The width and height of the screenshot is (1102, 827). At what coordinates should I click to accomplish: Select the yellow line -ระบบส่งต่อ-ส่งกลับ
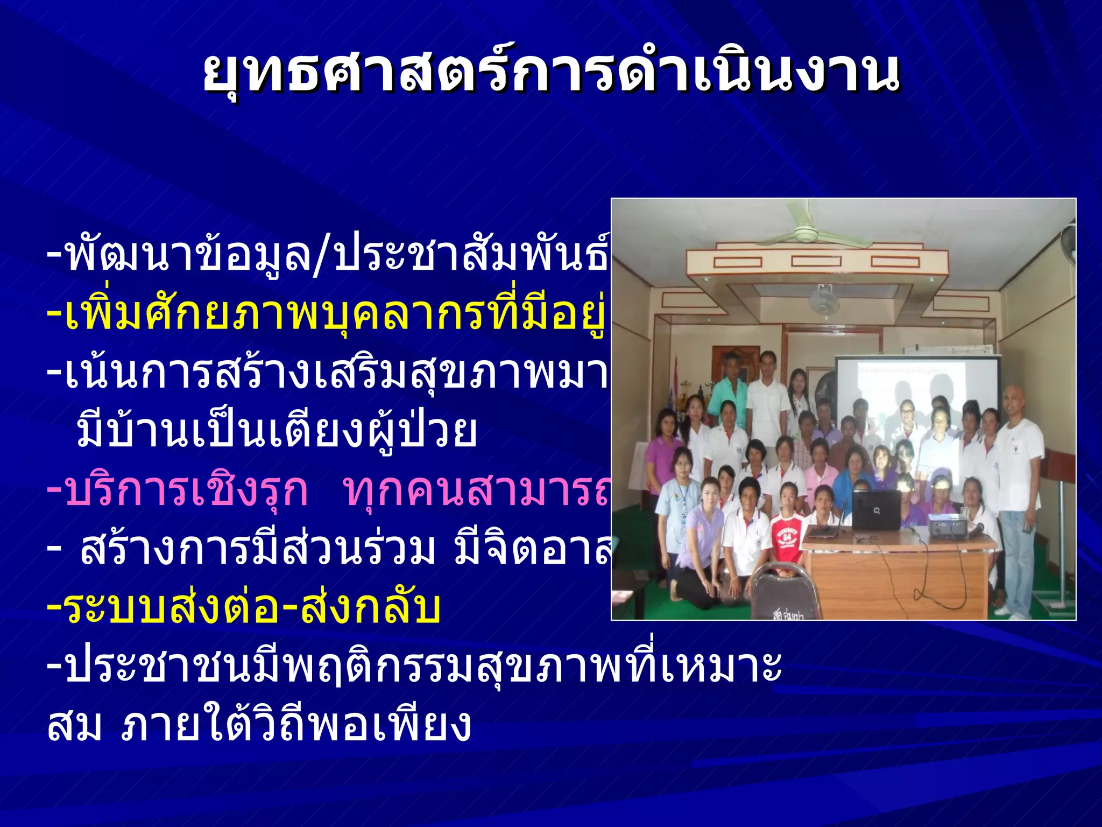pos(245,608)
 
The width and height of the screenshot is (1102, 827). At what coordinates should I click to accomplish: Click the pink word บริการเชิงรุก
pos(186,491)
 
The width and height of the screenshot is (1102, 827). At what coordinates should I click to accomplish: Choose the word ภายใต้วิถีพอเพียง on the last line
pos(296,725)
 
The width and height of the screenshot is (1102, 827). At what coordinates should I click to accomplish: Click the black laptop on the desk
pos(876,509)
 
